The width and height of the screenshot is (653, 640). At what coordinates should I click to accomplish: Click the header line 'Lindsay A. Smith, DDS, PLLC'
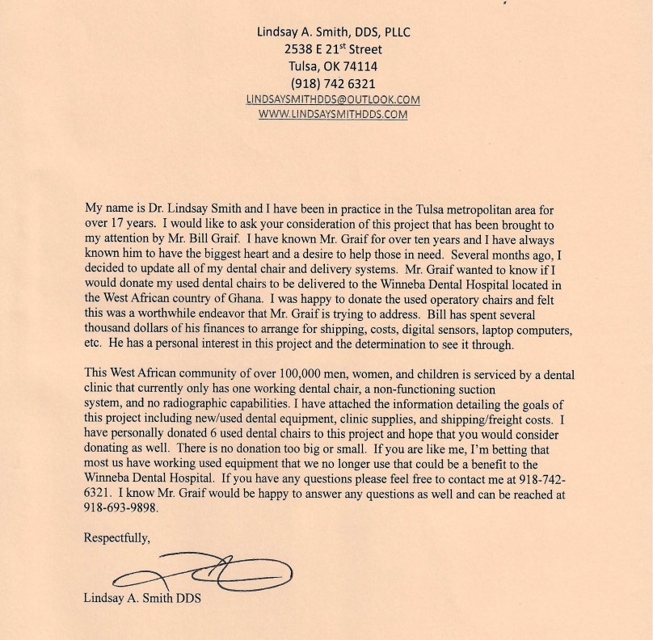click(333, 32)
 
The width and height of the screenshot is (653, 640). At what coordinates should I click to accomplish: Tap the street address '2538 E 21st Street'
click(333, 48)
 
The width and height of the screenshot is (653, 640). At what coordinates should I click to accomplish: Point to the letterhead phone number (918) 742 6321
click(333, 83)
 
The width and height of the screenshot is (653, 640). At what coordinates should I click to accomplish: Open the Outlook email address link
click(333, 99)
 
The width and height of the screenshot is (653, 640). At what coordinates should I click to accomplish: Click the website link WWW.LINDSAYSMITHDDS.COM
click(333, 115)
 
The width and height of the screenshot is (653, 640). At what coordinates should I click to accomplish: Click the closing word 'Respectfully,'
click(116, 537)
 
